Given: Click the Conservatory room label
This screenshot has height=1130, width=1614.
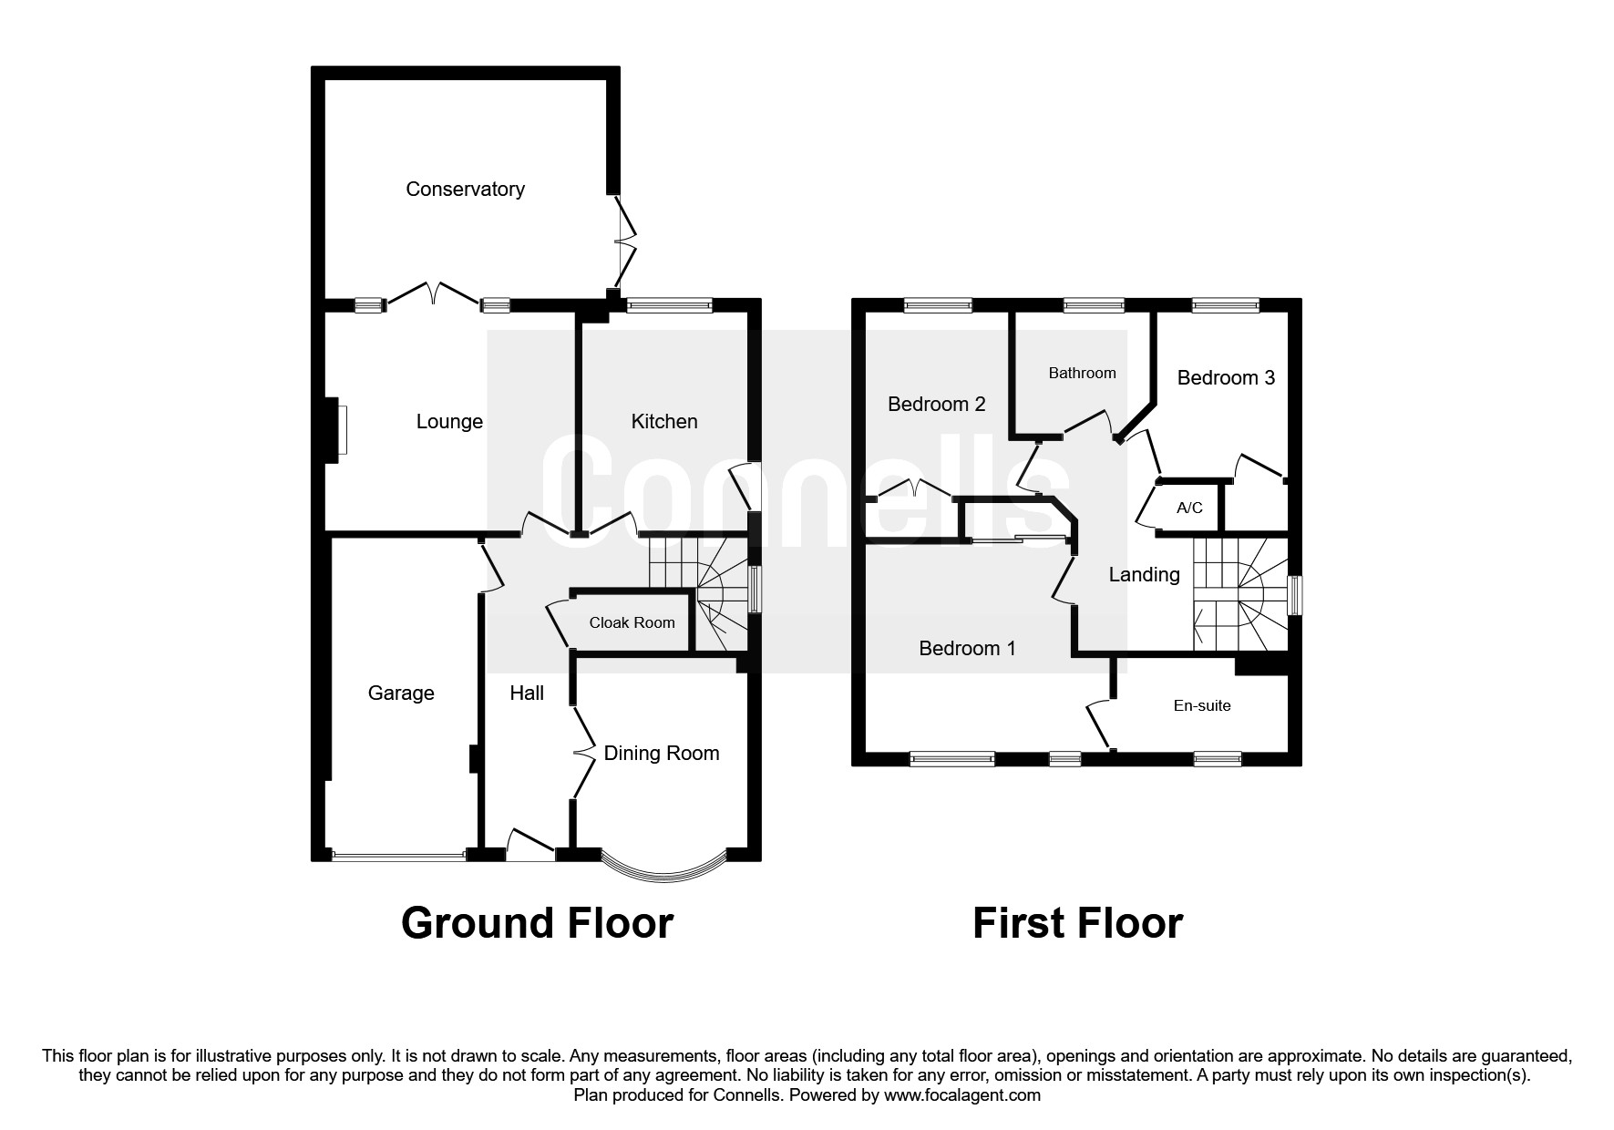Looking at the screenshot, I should (x=465, y=190).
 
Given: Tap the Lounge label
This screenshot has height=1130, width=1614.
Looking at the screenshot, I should (x=449, y=422).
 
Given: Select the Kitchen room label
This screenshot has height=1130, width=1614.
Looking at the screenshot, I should (x=664, y=422).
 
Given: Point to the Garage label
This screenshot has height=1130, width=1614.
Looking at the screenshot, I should (x=401, y=693).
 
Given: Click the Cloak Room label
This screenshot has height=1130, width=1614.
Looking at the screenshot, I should (x=632, y=623).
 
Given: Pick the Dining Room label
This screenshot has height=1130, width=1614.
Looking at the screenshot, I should (x=662, y=754).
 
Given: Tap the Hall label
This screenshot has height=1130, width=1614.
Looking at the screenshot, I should (x=527, y=693).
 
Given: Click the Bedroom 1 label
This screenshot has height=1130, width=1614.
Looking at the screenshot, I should (x=967, y=649).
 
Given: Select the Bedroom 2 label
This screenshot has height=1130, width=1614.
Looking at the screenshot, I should (x=937, y=405).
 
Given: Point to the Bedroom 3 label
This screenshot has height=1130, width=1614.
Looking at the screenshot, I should (x=1226, y=378).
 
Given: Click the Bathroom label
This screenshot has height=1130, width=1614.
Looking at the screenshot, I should (x=1082, y=373).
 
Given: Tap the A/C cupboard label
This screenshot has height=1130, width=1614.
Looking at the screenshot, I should (x=1189, y=508).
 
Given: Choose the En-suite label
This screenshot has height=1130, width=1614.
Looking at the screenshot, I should (x=1202, y=705).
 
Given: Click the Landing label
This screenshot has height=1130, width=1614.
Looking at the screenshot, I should (x=1144, y=575).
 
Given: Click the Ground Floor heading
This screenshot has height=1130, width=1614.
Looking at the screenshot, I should (x=537, y=923).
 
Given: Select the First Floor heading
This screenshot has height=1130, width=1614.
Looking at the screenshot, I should (x=1077, y=923).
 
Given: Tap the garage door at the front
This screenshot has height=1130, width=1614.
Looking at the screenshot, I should (x=399, y=856).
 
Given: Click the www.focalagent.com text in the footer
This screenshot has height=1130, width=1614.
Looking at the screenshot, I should (x=961, y=1096).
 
